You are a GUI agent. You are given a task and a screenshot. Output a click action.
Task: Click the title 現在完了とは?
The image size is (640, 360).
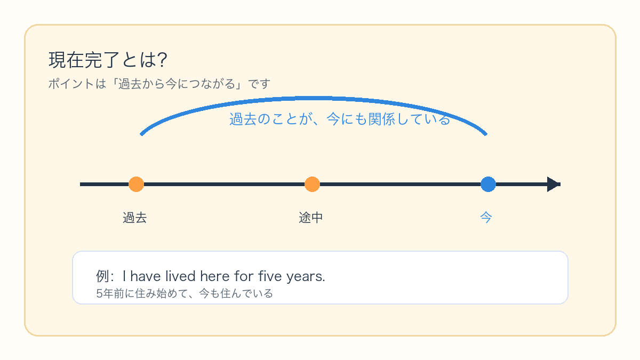coord(108,60)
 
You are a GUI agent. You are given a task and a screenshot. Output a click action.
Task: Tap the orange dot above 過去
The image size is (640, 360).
coord(136,185)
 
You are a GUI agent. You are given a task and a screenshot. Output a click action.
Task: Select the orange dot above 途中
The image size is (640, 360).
coord(312,185)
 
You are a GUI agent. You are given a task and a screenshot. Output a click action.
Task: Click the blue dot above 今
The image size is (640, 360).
coord(488,185)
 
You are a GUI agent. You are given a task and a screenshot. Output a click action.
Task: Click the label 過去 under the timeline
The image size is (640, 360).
coord(134,218)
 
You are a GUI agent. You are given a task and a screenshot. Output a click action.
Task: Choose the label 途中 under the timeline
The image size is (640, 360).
coord(310,218)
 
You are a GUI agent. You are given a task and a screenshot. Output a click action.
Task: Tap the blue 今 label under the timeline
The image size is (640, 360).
coord(486,218)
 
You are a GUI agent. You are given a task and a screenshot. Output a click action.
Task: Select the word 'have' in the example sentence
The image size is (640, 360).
coord(146,276)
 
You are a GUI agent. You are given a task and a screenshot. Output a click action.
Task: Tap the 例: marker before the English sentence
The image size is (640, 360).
coord(105,276)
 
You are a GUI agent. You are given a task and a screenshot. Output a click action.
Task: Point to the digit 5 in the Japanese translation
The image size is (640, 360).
coord(99,294)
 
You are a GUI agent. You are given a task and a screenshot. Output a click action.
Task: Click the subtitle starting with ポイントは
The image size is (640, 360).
coord(159,84)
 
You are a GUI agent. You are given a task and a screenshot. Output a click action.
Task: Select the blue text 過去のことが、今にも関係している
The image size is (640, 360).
coord(340,119)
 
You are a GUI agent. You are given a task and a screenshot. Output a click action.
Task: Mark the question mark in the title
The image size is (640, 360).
coord(162,60)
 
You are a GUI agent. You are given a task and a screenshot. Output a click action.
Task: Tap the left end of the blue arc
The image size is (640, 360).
coord(141,134)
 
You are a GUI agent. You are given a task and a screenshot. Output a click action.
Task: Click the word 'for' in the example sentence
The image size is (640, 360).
coord(244,276)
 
